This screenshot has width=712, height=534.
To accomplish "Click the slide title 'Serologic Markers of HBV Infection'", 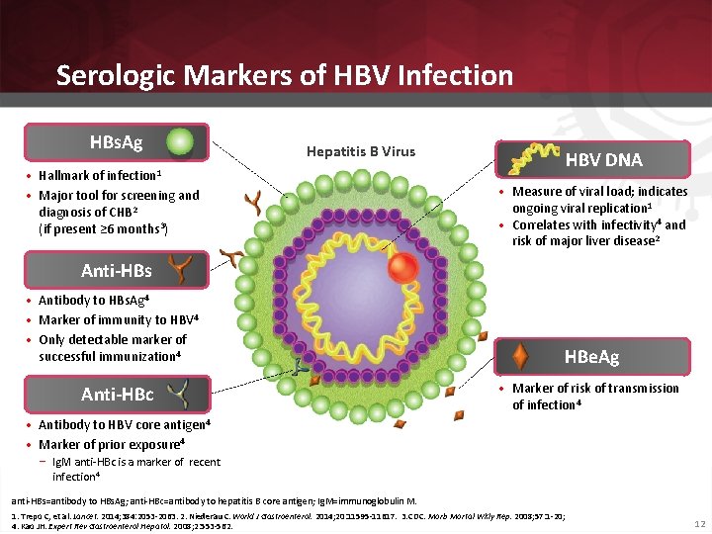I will pos(285,75).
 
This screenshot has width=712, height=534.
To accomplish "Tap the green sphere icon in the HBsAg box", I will pos(179,142).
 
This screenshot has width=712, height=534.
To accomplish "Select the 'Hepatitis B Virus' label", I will pos(361,151).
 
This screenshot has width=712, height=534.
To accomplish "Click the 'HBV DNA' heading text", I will pos(603,159).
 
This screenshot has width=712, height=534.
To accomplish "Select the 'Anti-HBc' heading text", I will pos(117,395).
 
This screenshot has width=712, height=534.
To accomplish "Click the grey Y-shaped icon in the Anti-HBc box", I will pos(179,395).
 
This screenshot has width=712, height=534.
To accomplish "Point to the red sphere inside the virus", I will pos(402,269).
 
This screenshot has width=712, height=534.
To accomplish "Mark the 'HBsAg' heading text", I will pos(116,142).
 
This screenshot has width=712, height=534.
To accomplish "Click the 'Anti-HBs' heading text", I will pos(116,270).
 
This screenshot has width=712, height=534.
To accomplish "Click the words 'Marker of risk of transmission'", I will pos(595,388).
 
